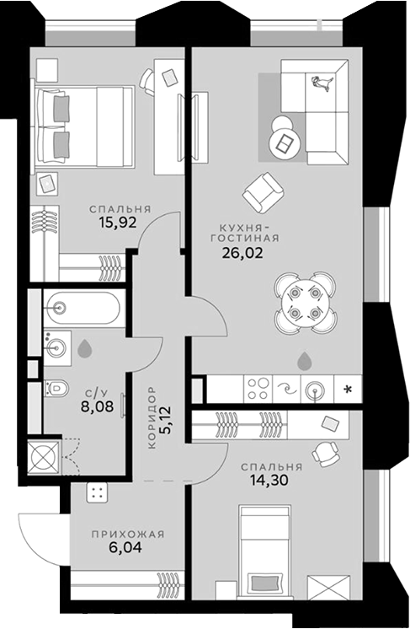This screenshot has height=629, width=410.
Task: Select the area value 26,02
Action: (x=243, y=250)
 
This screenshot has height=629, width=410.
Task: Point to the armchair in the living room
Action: (x=264, y=191)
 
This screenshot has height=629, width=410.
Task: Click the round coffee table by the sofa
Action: (x=283, y=137)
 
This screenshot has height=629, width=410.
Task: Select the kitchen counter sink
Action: (x=316, y=389)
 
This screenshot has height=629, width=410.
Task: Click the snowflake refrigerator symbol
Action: (x=347, y=389)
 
